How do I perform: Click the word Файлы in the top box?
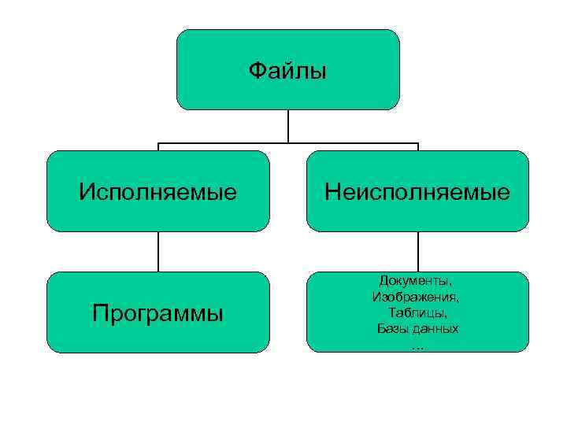point(287,72)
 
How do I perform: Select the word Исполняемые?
point(157,191)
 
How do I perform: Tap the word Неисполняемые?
point(417,191)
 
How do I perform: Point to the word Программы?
point(157,313)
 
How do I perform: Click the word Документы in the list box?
point(415,281)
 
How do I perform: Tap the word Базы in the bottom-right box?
point(394,327)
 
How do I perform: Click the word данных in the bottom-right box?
point(436,327)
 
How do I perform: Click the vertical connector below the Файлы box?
point(288,126)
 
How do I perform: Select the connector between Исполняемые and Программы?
point(158,251)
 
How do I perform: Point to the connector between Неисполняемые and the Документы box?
point(418,251)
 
